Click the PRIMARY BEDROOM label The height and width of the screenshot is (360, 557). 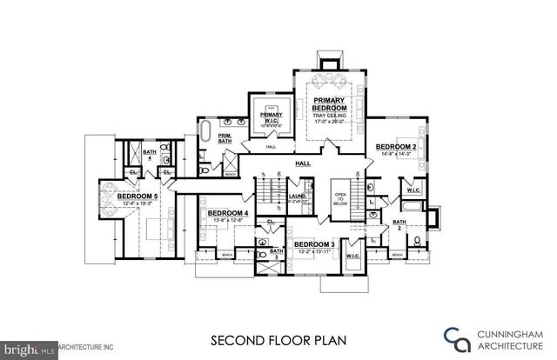[330, 106]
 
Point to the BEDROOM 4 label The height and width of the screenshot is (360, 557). [229, 213]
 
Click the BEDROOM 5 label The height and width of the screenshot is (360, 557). [138, 197]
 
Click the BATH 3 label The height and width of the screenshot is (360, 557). [276, 256]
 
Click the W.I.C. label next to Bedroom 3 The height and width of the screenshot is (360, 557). [353, 256]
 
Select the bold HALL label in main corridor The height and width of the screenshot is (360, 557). [304, 163]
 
